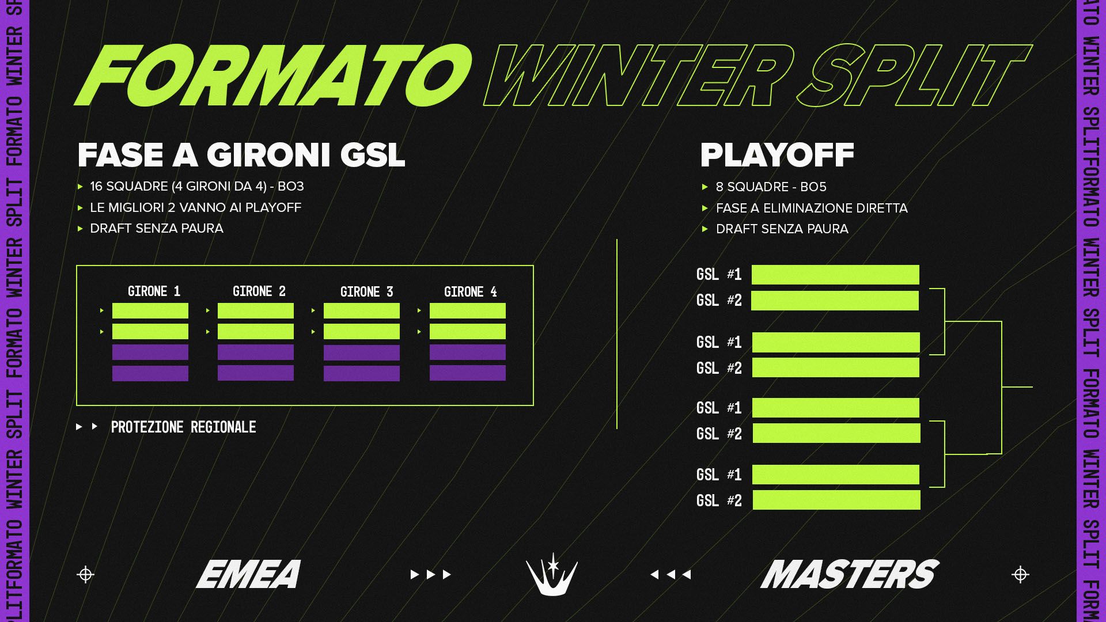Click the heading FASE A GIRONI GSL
click(241, 155)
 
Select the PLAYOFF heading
click(777, 155)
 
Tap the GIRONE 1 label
click(154, 291)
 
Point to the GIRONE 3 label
click(366, 292)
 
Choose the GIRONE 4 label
click(470, 292)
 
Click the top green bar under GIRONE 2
click(256, 311)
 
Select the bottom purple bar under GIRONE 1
click(150, 373)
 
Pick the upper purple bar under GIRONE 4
click(468, 352)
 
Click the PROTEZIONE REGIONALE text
click(183, 427)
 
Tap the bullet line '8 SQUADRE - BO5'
click(771, 187)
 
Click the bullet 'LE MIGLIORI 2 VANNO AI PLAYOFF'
click(195, 207)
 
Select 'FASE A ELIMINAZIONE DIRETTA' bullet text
click(812, 208)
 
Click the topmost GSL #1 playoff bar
click(835, 275)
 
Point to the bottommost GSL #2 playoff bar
click(836, 500)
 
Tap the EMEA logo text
click(249, 574)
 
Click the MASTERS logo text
click(850, 574)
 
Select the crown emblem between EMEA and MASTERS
click(552, 574)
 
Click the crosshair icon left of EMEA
click(85, 575)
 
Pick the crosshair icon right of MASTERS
click(1020, 575)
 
